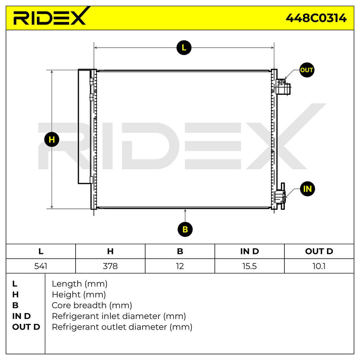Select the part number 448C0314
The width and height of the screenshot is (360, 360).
(316, 18)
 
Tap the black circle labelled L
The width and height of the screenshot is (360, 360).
(184, 48)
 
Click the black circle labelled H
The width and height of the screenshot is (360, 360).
(52, 140)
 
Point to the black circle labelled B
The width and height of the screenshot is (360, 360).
(185, 229)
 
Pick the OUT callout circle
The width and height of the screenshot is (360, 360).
(307, 70)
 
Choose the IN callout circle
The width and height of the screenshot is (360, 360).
(307, 189)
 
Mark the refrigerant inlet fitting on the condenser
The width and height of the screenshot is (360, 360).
(280, 196)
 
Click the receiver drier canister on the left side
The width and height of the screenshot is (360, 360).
(84, 127)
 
